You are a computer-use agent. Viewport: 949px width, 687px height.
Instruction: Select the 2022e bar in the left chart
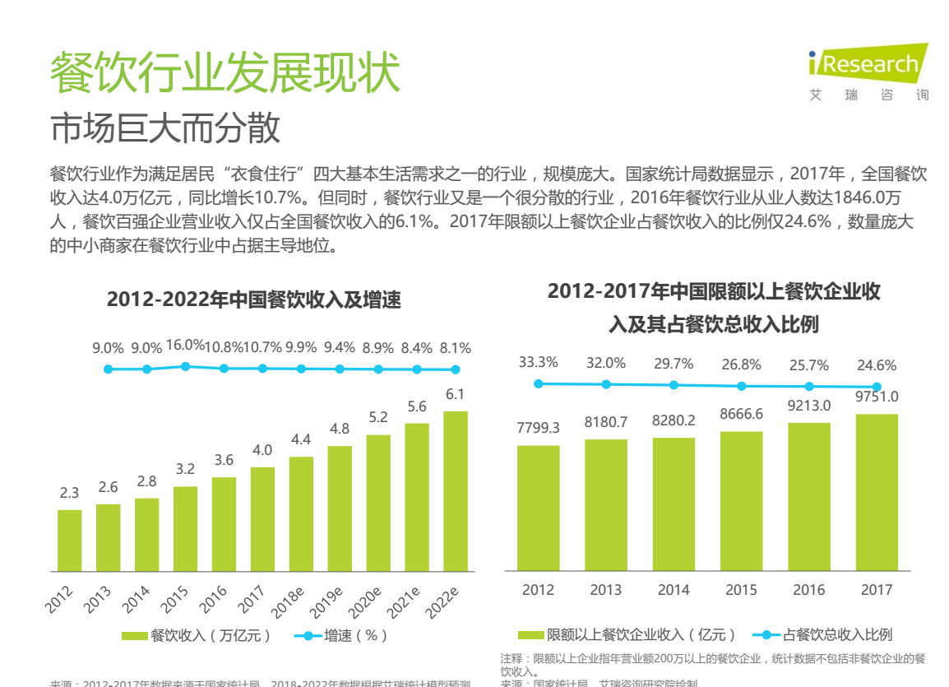(x=455, y=490)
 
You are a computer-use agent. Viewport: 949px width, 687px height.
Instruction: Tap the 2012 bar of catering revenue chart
(x=70, y=540)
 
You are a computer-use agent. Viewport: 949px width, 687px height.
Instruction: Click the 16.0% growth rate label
(x=185, y=346)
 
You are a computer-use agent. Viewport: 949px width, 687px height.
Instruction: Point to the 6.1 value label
(x=455, y=394)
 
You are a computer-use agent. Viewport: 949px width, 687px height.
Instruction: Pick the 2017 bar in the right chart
(x=877, y=491)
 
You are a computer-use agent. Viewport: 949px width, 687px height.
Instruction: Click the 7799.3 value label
(x=538, y=428)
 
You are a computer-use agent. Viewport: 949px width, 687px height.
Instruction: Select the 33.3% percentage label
(x=538, y=362)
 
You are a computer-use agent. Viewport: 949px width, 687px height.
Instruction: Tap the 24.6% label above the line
(x=877, y=365)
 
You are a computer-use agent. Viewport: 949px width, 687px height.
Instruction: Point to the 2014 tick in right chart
(x=674, y=590)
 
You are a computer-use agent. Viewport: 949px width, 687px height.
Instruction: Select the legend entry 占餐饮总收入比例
(x=826, y=634)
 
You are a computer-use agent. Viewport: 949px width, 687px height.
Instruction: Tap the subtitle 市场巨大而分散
(x=165, y=128)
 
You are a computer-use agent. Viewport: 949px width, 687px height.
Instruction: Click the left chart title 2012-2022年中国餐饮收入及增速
(x=254, y=299)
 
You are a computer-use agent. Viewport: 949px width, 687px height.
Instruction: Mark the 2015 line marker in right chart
(x=742, y=386)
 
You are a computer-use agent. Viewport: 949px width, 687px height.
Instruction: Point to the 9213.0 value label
(x=809, y=406)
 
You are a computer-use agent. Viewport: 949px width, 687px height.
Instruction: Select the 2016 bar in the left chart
(x=224, y=524)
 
